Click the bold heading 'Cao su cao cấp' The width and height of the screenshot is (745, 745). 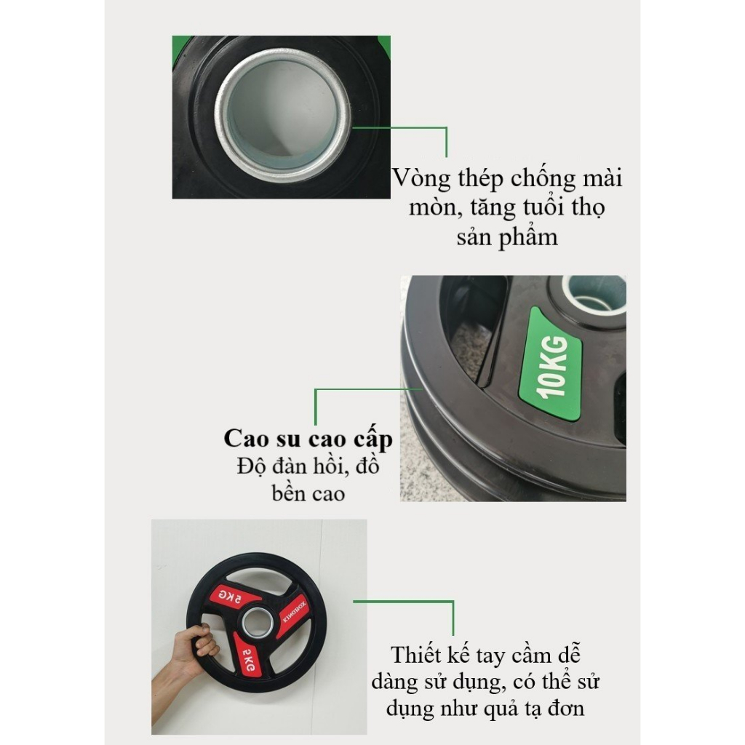tap(308, 439)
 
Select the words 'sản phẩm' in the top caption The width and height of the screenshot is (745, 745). tap(507, 238)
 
